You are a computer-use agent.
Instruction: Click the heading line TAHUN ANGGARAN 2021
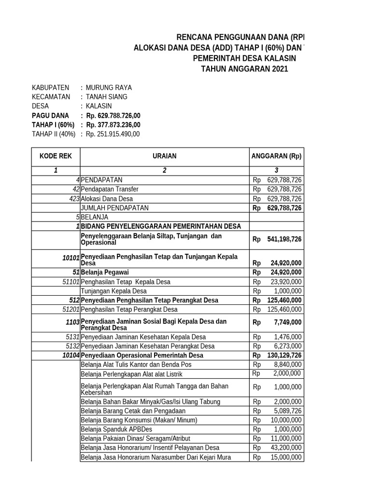coord(244,69)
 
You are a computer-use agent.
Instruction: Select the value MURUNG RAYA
coord(108,88)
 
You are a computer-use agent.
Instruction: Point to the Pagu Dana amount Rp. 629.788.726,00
coord(113,116)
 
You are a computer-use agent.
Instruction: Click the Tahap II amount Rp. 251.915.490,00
coord(113,134)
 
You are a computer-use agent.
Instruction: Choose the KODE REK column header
coord(56,156)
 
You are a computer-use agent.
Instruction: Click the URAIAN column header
coord(165,156)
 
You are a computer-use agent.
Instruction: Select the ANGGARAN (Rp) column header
coord(276,156)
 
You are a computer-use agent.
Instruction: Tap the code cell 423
coord(74,199)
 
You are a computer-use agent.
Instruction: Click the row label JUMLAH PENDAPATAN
coord(115,208)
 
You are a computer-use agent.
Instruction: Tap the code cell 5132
coord(72,346)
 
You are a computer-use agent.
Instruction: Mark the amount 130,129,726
coord(284,356)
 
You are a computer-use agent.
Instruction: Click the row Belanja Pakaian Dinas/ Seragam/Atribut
coord(136,439)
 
